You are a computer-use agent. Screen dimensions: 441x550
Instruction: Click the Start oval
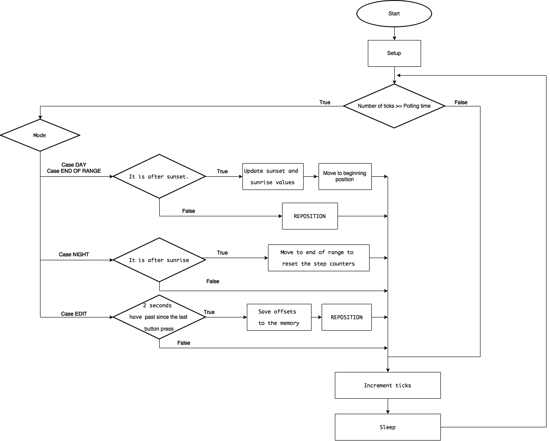[394, 14]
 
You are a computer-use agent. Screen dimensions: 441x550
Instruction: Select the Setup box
[394, 53]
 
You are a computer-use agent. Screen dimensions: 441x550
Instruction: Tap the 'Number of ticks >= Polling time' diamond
[394, 106]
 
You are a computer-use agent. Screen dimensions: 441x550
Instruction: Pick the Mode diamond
[40, 135]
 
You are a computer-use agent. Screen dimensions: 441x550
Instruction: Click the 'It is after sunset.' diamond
[159, 176]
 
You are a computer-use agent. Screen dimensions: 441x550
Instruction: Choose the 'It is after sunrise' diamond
[159, 260]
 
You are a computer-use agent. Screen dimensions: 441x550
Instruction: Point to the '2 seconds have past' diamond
[159, 317]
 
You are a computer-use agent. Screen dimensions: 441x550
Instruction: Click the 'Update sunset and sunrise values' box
[273, 176]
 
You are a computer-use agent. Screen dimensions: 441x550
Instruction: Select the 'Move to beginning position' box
[345, 176]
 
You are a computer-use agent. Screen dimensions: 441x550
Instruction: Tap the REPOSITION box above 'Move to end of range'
[310, 216]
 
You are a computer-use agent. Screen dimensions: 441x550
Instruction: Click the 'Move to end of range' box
[319, 258]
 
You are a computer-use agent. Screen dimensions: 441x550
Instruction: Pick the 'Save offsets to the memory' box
[279, 317]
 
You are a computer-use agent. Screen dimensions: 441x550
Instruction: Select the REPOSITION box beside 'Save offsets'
[347, 317]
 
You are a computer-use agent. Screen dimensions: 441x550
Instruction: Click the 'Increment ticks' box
[388, 385]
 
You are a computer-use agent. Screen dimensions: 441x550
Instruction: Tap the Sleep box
[388, 427]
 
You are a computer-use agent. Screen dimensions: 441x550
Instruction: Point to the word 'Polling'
[411, 106]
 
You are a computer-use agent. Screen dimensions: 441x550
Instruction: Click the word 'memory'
[290, 323]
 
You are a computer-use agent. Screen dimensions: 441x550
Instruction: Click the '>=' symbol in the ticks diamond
[398, 106]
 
